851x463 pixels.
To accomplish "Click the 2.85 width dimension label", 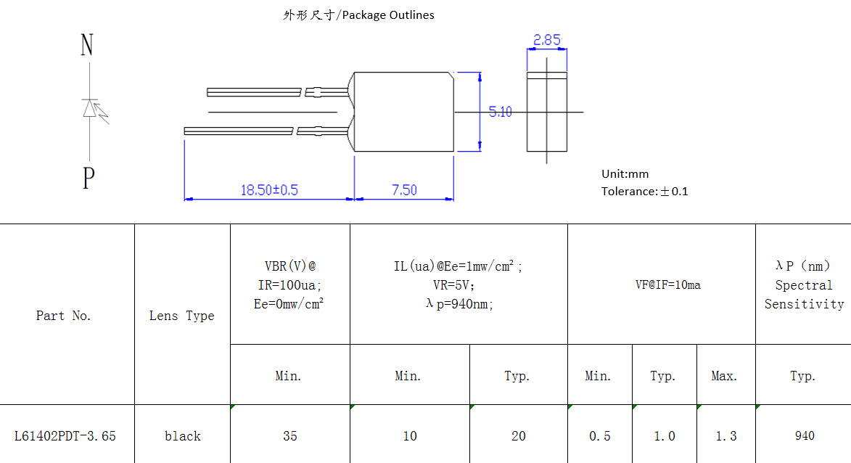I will pyautogui.click(x=546, y=41).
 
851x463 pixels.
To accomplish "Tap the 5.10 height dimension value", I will pyautogui.click(x=500, y=112).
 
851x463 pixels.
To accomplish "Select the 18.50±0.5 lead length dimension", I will pyautogui.click(x=269, y=190).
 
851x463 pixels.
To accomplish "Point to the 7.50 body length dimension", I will pyautogui.click(x=404, y=190).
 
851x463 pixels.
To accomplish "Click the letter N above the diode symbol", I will pyautogui.click(x=87, y=46).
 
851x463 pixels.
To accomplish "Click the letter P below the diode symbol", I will pyautogui.click(x=89, y=177).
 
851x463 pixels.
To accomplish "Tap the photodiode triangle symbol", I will pyautogui.click(x=90, y=109).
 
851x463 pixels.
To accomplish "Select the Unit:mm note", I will pyautogui.click(x=625, y=174).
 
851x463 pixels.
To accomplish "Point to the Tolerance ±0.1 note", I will pyautogui.click(x=644, y=192).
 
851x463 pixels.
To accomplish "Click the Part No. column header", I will pyautogui.click(x=64, y=316).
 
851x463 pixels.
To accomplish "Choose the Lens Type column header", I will pyautogui.click(x=182, y=316).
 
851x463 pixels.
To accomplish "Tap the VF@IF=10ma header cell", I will pyautogui.click(x=667, y=284).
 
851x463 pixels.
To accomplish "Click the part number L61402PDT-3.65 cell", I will pyautogui.click(x=65, y=436).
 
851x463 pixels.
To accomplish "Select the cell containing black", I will pyautogui.click(x=182, y=436).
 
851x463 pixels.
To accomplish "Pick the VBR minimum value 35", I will pyautogui.click(x=290, y=436).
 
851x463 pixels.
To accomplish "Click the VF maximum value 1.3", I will pyautogui.click(x=725, y=436).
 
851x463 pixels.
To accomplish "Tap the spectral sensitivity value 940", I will pyautogui.click(x=804, y=436).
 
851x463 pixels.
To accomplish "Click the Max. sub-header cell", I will pyautogui.click(x=725, y=376).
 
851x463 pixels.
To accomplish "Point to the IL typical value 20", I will pyautogui.click(x=518, y=436).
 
